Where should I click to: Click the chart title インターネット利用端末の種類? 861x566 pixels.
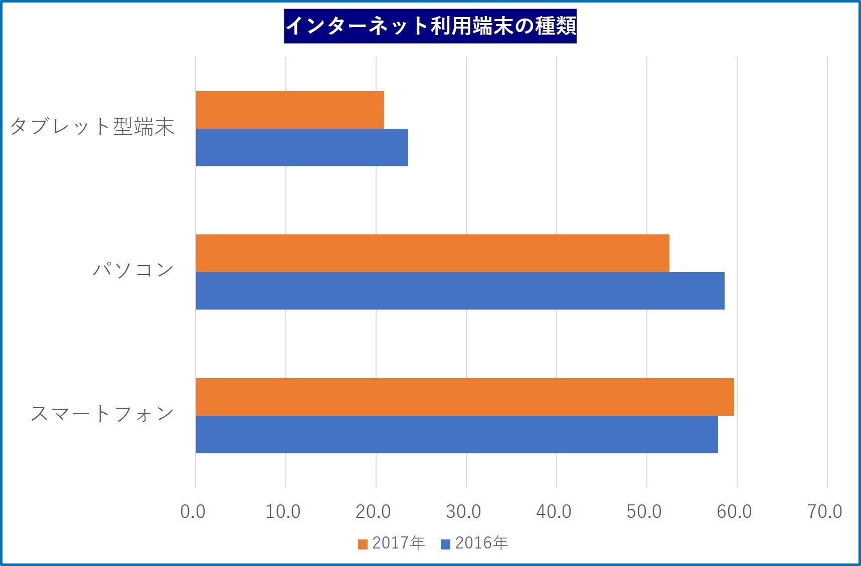[x=430, y=26]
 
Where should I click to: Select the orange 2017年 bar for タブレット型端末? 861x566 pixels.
[x=290, y=110]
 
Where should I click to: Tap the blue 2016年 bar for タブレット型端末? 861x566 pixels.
[x=302, y=147]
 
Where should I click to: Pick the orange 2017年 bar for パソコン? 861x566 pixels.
[x=432, y=253]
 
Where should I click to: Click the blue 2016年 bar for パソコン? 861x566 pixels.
[x=460, y=291]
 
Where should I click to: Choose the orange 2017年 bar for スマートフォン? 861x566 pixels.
[x=465, y=397]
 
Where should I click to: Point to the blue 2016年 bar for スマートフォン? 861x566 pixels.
[x=457, y=434]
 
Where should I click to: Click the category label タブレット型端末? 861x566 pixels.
[x=92, y=127]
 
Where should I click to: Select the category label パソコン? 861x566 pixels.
[x=133, y=270]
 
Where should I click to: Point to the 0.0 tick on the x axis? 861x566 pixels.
[x=193, y=511]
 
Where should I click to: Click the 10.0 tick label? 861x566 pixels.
[x=283, y=511]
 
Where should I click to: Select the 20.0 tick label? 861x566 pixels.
[x=374, y=511]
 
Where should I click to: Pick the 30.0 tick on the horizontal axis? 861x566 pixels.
[x=464, y=511]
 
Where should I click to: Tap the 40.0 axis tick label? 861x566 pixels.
[x=554, y=511]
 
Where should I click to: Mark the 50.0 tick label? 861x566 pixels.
[x=644, y=511]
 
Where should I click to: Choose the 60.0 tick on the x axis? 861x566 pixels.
[x=735, y=511]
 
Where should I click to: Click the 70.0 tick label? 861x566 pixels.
[x=825, y=511]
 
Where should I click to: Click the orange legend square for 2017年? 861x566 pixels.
[x=363, y=544]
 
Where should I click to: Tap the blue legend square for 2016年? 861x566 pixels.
[x=445, y=544]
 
